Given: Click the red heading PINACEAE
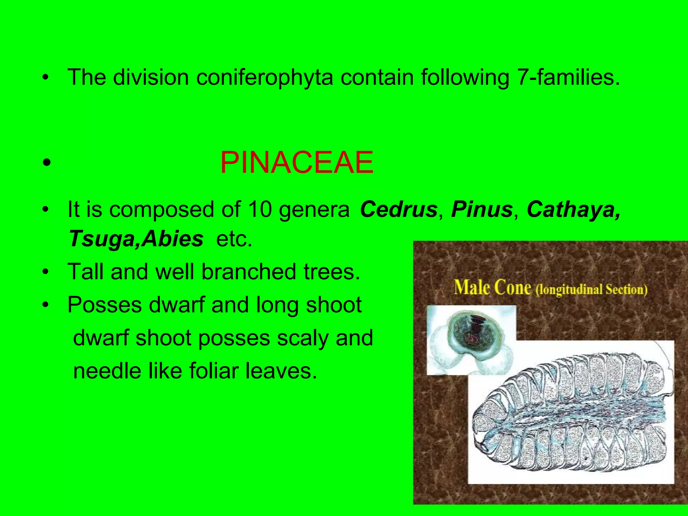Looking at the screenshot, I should point(297,163).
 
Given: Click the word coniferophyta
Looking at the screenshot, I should point(265,78).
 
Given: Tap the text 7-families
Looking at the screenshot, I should point(568,78).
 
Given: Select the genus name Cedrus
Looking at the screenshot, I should point(398,210).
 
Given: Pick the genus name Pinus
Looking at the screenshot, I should point(482,210).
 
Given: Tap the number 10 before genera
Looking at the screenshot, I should point(259,210).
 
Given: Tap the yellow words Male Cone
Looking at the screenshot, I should point(492,288).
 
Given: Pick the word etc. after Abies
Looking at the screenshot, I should point(234,239).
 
